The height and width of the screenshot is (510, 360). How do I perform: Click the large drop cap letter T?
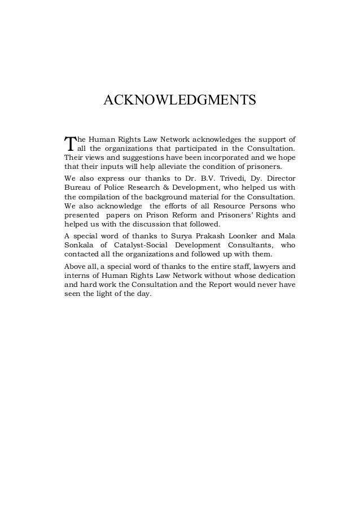click(69, 144)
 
